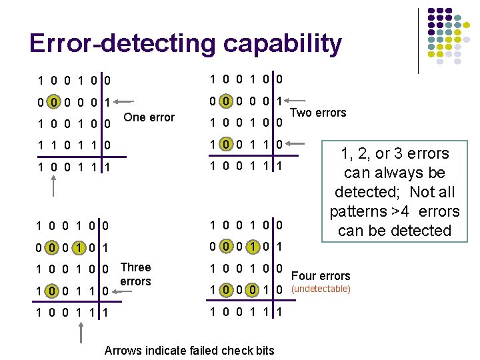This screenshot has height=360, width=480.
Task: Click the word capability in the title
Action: (x=283, y=44)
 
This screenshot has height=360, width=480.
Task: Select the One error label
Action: (x=149, y=117)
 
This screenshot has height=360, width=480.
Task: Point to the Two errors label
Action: (x=321, y=113)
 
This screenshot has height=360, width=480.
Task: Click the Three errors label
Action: (x=136, y=274)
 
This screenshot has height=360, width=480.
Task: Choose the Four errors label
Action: (x=321, y=276)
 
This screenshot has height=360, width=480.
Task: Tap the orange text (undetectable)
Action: (x=322, y=289)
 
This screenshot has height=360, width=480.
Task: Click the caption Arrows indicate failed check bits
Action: (x=190, y=351)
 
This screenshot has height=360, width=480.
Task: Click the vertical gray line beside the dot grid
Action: (x=419, y=40)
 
